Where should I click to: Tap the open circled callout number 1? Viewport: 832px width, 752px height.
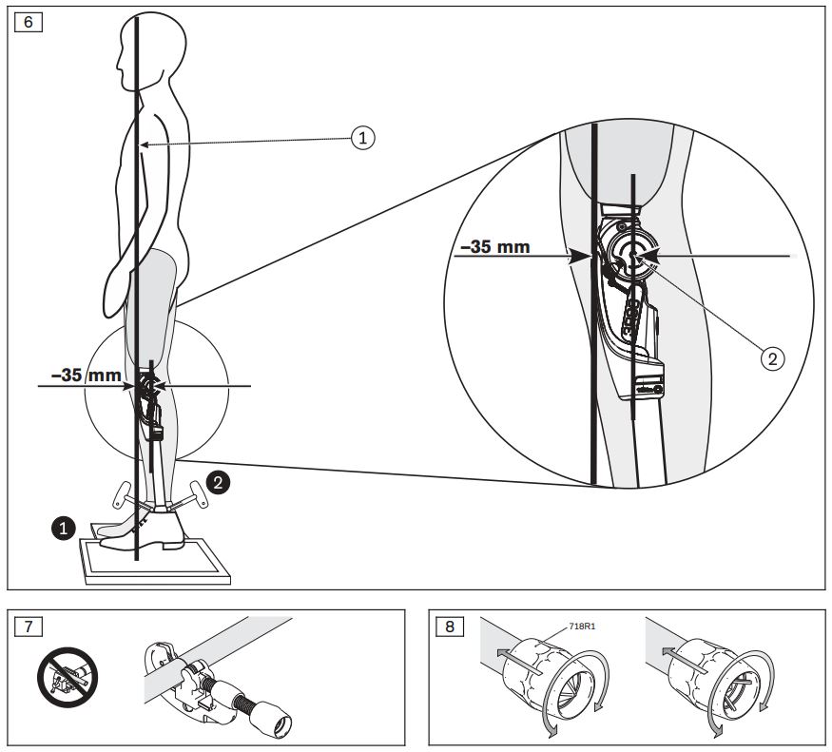coord(361,138)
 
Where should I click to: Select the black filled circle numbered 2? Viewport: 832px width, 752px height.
coord(218,483)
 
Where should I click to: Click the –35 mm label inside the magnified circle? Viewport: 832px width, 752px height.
coord(495,248)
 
